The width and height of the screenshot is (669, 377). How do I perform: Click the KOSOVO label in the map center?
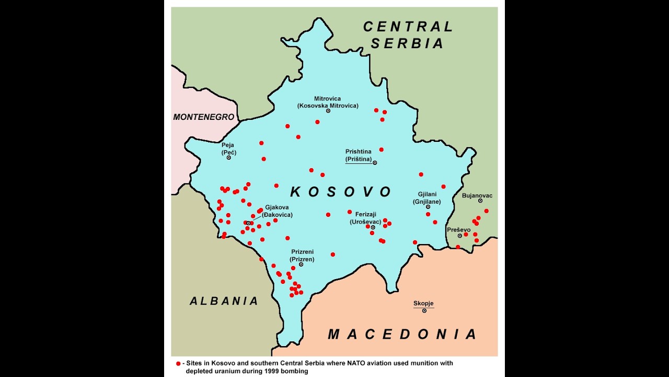tap(341, 192)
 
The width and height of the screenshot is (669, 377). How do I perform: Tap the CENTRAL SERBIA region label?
tap(408, 35)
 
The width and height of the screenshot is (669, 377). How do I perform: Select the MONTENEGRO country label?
tap(204, 117)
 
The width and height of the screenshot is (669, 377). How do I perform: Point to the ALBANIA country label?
tap(224, 301)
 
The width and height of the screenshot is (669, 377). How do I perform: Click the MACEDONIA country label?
tap(403, 334)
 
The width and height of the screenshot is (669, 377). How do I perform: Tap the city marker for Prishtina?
tap(375, 163)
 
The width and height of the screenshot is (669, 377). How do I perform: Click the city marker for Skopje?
tap(424, 311)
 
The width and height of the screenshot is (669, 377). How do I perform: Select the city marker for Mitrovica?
tap(328, 111)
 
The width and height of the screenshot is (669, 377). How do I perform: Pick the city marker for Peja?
tap(229, 158)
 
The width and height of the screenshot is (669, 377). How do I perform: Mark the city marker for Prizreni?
tap(301, 264)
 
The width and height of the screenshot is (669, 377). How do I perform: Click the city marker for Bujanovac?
tap(480, 201)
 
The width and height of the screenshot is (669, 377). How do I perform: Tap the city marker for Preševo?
tap(460, 236)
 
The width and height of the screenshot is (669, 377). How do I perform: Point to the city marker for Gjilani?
tap(428, 207)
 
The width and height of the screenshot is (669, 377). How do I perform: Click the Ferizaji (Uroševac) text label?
tap(365, 217)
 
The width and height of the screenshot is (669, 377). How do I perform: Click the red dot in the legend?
tap(178, 363)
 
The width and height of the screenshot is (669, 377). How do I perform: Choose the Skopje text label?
tap(423, 303)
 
